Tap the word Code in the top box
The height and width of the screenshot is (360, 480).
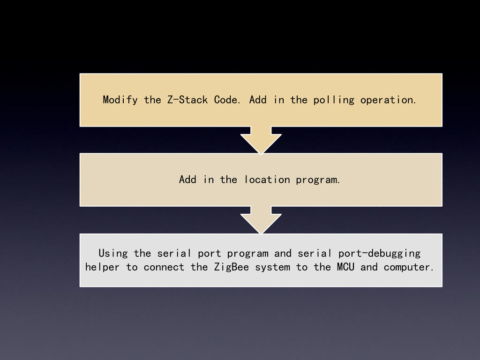(228, 100)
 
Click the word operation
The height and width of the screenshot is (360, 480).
(388, 100)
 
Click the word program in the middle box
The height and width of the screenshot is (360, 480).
(318, 180)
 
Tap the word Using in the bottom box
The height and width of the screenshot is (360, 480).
(113, 254)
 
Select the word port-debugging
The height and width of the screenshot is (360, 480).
(379, 254)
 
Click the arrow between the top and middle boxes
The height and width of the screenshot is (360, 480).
(261, 139)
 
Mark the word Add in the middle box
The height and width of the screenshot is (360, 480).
(188, 180)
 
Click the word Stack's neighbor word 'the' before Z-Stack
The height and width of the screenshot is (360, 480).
(152, 100)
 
